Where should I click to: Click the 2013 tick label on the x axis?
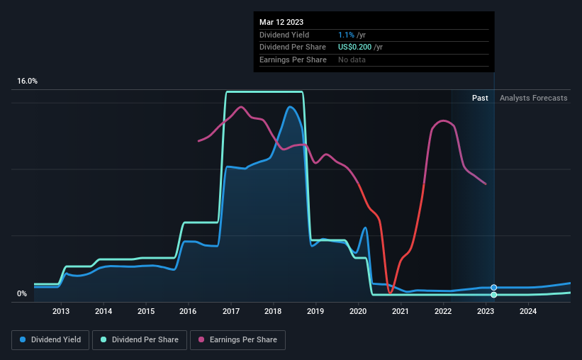(x=61, y=311)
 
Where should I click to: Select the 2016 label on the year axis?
(x=188, y=311)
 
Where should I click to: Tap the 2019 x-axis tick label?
(x=315, y=311)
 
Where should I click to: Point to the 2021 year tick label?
(x=401, y=311)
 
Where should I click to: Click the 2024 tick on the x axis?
(x=527, y=311)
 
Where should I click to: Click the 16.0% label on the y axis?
(x=28, y=81)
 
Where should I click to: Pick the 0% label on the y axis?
(x=22, y=294)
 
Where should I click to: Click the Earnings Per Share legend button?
(x=237, y=340)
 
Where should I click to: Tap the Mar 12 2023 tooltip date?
(x=281, y=22)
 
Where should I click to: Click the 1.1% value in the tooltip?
(x=345, y=35)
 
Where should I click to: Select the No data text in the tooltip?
(x=352, y=60)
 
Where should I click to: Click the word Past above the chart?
(x=480, y=98)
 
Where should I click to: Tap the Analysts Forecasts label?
(x=533, y=98)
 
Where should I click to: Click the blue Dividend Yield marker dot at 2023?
(x=493, y=288)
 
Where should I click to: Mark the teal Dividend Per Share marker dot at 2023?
(x=493, y=295)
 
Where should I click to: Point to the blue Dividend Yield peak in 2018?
(x=290, y=107)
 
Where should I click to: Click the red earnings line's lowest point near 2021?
(x=391, y=292)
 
